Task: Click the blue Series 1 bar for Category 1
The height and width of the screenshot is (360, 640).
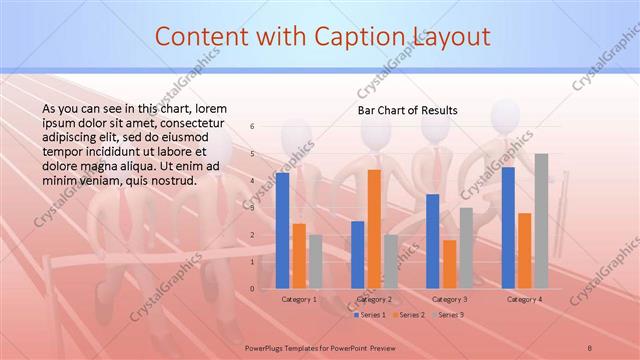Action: [x=283, y=231]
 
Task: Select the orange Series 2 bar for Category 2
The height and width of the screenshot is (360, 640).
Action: [x=374, y=229]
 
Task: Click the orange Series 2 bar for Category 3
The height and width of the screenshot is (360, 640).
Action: [x=449, y=264]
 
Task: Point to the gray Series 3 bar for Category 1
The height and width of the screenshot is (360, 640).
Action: [x=315, y=262]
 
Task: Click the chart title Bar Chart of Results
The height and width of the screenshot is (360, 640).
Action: [x=408, y=110]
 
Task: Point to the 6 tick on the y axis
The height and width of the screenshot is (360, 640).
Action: [x=252, y=127]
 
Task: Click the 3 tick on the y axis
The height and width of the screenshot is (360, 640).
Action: [x=252, y=208]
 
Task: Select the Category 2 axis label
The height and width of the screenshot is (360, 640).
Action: [x=373, y=299]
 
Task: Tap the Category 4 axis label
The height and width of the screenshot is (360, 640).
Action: [x=524, y=299]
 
